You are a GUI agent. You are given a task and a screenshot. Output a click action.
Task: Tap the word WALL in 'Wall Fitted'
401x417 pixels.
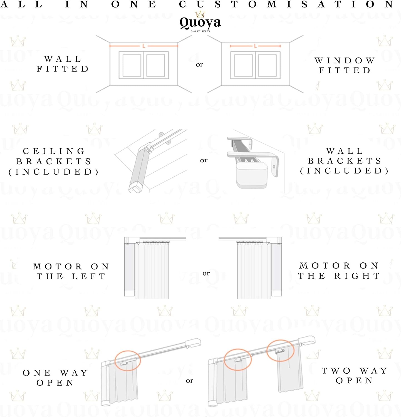click(x=63, y=59)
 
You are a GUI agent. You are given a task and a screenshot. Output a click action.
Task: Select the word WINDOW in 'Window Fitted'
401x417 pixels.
click(x=345, y=60)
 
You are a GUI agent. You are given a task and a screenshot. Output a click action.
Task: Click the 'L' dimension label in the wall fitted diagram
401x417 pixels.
click(x=144, y=46)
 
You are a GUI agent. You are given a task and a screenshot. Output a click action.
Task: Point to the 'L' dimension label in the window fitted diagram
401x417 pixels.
click(x=255, y=46)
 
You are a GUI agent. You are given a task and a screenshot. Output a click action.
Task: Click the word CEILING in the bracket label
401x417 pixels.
click(x=54, y=151)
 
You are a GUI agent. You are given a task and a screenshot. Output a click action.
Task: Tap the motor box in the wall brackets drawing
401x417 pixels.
click(x=252, y=175)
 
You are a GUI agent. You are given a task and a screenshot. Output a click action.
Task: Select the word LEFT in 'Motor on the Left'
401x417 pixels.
click(x=89, y=276)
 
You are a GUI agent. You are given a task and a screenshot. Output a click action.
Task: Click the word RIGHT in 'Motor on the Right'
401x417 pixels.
click(x=357, y=276)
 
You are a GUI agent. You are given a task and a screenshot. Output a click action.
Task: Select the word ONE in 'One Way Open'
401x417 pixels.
click(x=37, y=373)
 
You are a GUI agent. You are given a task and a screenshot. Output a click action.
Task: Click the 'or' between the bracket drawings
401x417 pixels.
click(x=204, y=160)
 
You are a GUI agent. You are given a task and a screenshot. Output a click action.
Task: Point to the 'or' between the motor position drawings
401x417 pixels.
click(x=206, y=273)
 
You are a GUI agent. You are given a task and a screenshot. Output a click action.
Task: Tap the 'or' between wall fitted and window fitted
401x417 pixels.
click(x=199, y=64)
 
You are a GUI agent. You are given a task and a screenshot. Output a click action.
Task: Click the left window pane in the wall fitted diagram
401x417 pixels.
click(x=132, y=65)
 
